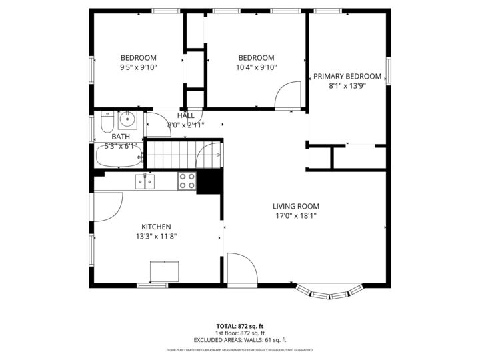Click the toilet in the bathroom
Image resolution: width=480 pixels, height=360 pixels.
(x=106, y=122)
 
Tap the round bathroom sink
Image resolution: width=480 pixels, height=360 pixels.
(x=127, y=121)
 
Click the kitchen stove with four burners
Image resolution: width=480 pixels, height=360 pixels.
(x=187, y=181)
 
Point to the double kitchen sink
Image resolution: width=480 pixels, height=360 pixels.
(x=145, y=181)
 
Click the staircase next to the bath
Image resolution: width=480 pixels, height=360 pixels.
(x=172, y=155)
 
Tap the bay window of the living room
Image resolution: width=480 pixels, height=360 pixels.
(x=330, y=291)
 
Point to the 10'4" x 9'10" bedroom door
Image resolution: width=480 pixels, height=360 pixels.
(x=288, y=95)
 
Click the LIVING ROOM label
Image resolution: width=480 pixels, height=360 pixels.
(x=296, y=206)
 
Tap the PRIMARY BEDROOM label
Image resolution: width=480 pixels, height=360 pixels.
(x=347, y=76)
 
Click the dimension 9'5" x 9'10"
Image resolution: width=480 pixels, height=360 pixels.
(x=139, y=67)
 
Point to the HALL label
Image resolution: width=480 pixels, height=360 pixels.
(x=186, y=116)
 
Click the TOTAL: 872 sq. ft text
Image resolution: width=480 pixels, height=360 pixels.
(x=239, y=326)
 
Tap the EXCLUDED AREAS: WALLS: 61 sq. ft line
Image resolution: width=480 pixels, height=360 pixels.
(x=239, y=340)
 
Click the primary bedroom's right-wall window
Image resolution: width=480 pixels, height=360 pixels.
(x=388, y=71)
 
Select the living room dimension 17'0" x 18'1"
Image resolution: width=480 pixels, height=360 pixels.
(x=296, y=215)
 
